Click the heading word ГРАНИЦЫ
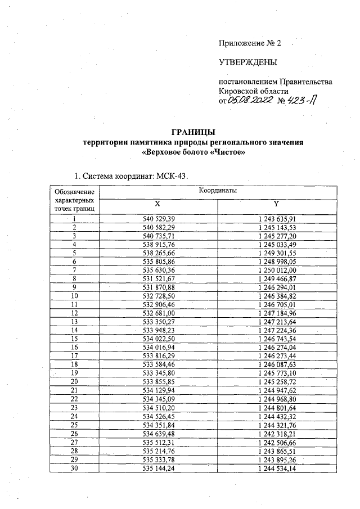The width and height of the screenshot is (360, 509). click(x=193, y=133)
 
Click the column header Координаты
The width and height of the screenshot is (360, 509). click(x=217, y=191)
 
